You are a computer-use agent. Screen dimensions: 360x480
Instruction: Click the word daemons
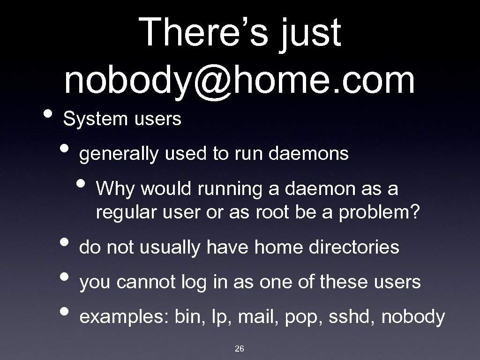309,154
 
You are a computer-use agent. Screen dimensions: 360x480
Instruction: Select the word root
272,214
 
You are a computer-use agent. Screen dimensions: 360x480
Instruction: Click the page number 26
240,349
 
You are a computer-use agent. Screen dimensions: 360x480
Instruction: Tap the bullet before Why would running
85,186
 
